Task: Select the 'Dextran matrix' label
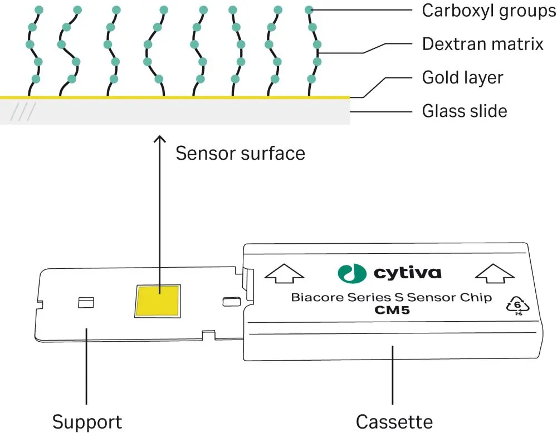(x=482, y=44)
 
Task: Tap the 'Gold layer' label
(x=462, y=77)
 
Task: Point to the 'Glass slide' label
(x=465, y=111)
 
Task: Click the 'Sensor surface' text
(x=240, y=153)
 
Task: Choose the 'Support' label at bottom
(x=86, y=421)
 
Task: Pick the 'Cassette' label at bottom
(x=394, y=421)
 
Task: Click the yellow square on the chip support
(x=158, y=301)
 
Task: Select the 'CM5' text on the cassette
(x=391, y=311)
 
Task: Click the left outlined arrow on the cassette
(x=284, y=273)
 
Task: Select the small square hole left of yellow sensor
(x=86, y=302)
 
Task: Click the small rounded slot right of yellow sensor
(x=229, y=302)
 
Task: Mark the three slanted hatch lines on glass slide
(x=23, y=113)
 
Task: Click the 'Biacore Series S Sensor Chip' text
(x=391, y=297)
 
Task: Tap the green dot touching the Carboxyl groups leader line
(x=310, y=9)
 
